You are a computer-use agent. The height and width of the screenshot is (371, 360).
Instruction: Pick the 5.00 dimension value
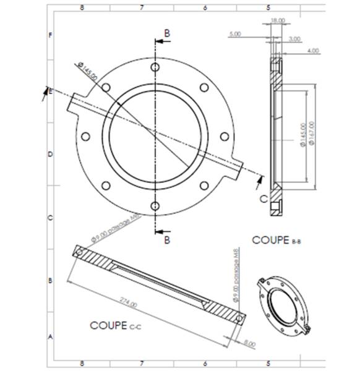235,35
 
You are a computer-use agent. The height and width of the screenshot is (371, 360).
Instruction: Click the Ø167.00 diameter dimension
312,133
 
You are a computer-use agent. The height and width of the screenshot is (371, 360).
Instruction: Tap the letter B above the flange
166,32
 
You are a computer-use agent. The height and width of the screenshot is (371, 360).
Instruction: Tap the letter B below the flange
166,241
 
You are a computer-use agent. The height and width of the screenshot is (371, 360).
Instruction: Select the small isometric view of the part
281,305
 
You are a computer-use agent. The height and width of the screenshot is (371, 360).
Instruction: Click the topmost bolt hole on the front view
156,66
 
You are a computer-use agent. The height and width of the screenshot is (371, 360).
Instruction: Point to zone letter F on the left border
50,35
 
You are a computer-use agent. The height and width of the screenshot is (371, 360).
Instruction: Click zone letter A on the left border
50,337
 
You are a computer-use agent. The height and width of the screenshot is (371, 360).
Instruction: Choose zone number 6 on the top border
205,8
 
